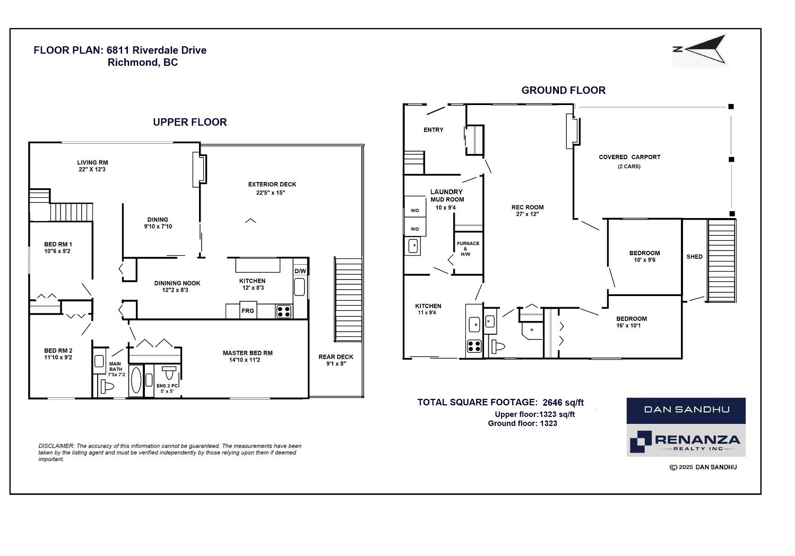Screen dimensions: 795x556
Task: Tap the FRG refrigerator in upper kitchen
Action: click(248, 310)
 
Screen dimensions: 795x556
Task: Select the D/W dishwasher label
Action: click(300, 271)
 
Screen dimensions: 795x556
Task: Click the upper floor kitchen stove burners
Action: click(284, 311)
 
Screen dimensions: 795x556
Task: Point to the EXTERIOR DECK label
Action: click(272, 185)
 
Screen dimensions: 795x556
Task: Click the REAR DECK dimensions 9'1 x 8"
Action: click(336, 364)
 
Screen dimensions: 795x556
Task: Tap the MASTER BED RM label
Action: click(248, 353)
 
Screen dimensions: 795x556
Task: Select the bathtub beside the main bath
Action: click(136, 380)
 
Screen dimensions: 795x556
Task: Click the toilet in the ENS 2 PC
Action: click(169, 372)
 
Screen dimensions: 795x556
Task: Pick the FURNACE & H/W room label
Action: click(468, 249)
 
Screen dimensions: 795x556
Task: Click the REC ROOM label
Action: click(528, 207)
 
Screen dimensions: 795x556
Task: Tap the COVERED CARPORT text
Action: click(629, 157)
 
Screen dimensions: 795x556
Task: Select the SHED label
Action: click(695, 257)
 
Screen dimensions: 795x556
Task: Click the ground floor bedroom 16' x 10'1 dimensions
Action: click(628, 325)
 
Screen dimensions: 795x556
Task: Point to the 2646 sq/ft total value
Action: click(563, 402)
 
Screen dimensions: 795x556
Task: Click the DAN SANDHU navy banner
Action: click(686, 411)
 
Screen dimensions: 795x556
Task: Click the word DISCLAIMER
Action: click(56, 446)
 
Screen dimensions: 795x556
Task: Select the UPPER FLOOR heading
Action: click(190, 122)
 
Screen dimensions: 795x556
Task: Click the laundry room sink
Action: click(413, 246)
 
